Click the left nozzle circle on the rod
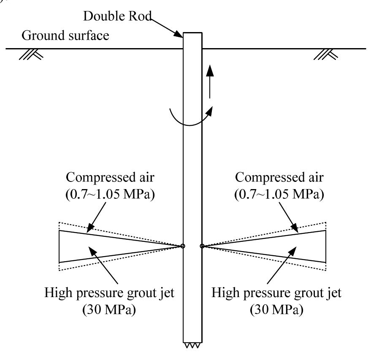[x=183, y=246]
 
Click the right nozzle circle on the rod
[x=202, y=246]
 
